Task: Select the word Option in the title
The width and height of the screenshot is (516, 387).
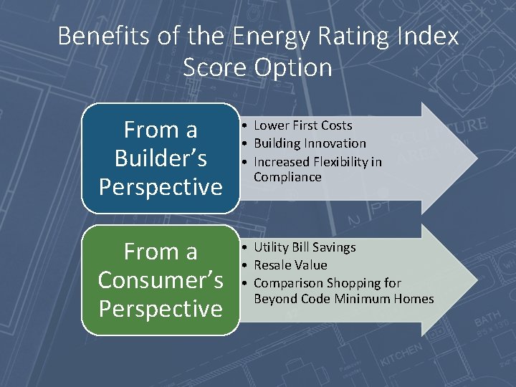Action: tap(297, 67)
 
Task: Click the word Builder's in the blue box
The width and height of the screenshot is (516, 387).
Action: tap(161, 158)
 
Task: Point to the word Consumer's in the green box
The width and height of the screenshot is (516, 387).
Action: tap(161, 280)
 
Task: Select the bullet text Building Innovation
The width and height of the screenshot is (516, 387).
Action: tap(310, 143)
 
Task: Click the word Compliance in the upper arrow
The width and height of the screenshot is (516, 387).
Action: tap(287, 177)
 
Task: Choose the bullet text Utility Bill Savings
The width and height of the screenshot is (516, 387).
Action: tap(305, 247)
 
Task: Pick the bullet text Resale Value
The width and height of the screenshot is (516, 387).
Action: tap(290, 265)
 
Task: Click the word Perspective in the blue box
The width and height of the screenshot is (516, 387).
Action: tap(161, 187)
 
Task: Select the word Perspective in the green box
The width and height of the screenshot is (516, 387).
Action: tap(161, 309)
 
